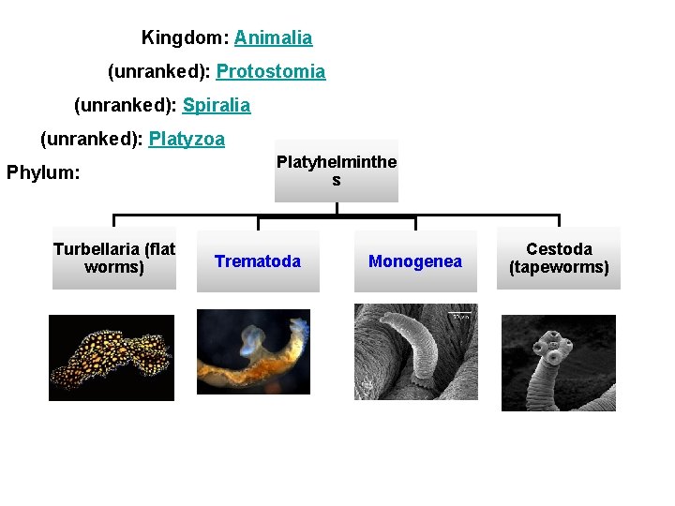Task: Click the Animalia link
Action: click(x=273, y=38)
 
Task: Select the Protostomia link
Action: click(x=271, y=72)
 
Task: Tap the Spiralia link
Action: click(x=217, y=106)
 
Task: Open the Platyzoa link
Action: click(x=187, y=140)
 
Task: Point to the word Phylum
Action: click(x=43, y=173)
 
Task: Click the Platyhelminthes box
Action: click(x=336, y=171)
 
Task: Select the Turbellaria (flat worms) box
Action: click(x=113, y=258)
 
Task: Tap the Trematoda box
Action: click(x=258, y=261)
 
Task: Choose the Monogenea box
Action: click(x=414, y=261)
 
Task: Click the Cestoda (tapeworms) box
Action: click(x=559, y=258)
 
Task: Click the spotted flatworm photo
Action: click(x=112, y=357)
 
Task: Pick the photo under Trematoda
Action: click(x=252, y=351)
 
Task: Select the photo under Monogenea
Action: click(x=415, y=351)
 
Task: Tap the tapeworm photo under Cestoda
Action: click(x=558, y=363)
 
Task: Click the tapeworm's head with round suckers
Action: click(x=555, y=348)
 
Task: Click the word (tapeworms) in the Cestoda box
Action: click(x=559, y=268)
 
